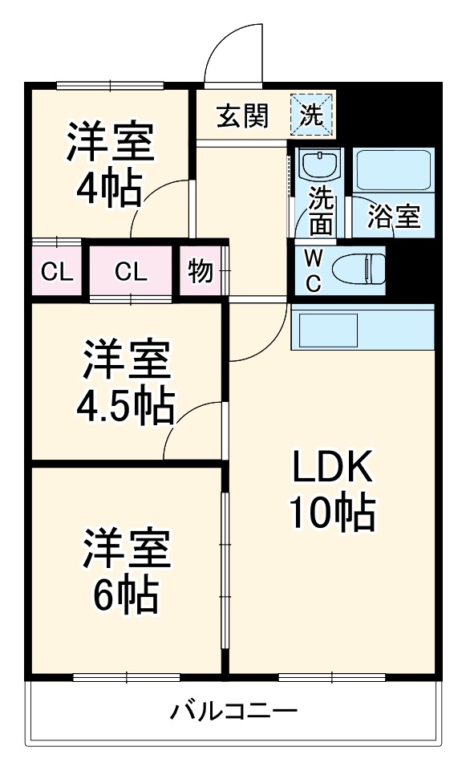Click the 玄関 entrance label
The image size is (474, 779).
[241, 116]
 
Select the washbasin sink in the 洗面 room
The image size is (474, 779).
[320, 167]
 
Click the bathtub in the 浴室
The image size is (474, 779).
[393, 170]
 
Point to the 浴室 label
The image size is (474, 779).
[394, 217]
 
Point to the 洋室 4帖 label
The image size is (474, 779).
[109, 166]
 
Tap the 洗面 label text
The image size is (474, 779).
[321, 210]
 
